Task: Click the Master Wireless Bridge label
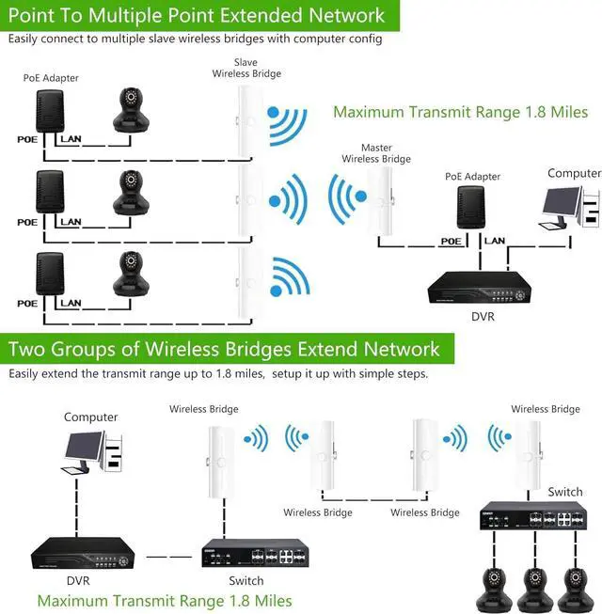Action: pos(376,153)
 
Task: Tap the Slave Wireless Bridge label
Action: pos(246,68)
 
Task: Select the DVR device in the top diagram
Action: pos(480,288)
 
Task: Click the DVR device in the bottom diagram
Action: pos(83,553)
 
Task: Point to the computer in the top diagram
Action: pos(570,208)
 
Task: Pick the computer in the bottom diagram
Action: pos(92,452)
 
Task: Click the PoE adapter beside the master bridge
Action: pos(471,207)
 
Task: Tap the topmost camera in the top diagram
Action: pos(131,110)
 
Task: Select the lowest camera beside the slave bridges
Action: pos(131,274)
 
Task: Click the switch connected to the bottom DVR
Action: pos(255,553)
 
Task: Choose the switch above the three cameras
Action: pos(533,515)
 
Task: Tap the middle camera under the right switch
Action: pos(534,590)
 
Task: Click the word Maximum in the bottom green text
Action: pos(72,601)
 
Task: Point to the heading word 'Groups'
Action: pos(83,349)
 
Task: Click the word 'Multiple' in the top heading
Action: pos(125,16)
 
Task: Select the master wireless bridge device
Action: pos(381,201)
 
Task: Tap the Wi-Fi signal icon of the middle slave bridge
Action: pos(288,199)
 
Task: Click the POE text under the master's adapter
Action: pos(451,242)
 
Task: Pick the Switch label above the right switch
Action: pos(564,492)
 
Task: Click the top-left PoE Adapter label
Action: pos(51,78)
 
